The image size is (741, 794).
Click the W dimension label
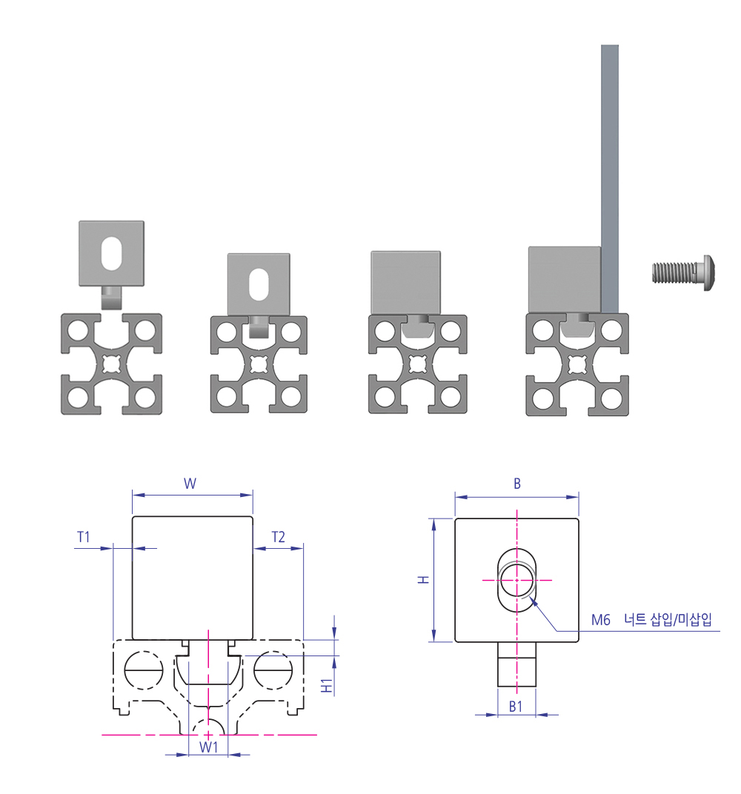190,483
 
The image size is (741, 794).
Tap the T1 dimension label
83,537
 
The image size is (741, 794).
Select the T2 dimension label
278,537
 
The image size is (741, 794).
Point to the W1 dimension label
208,747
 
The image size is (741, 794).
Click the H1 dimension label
328,686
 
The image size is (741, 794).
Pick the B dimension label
517,484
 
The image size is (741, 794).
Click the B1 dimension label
516,707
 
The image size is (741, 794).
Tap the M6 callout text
601,620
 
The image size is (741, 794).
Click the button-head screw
684,273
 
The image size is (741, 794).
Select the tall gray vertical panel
610,179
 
